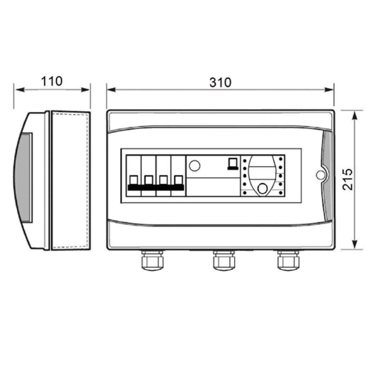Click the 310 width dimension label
tap(220, 82)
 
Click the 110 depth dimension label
tap(52, 81)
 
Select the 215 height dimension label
tap(347, 179)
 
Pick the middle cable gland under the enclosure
tap(224, 260)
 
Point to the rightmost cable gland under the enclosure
tap(288, 260)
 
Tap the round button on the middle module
tap(195, 165)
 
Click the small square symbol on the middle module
tap(233, 164)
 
